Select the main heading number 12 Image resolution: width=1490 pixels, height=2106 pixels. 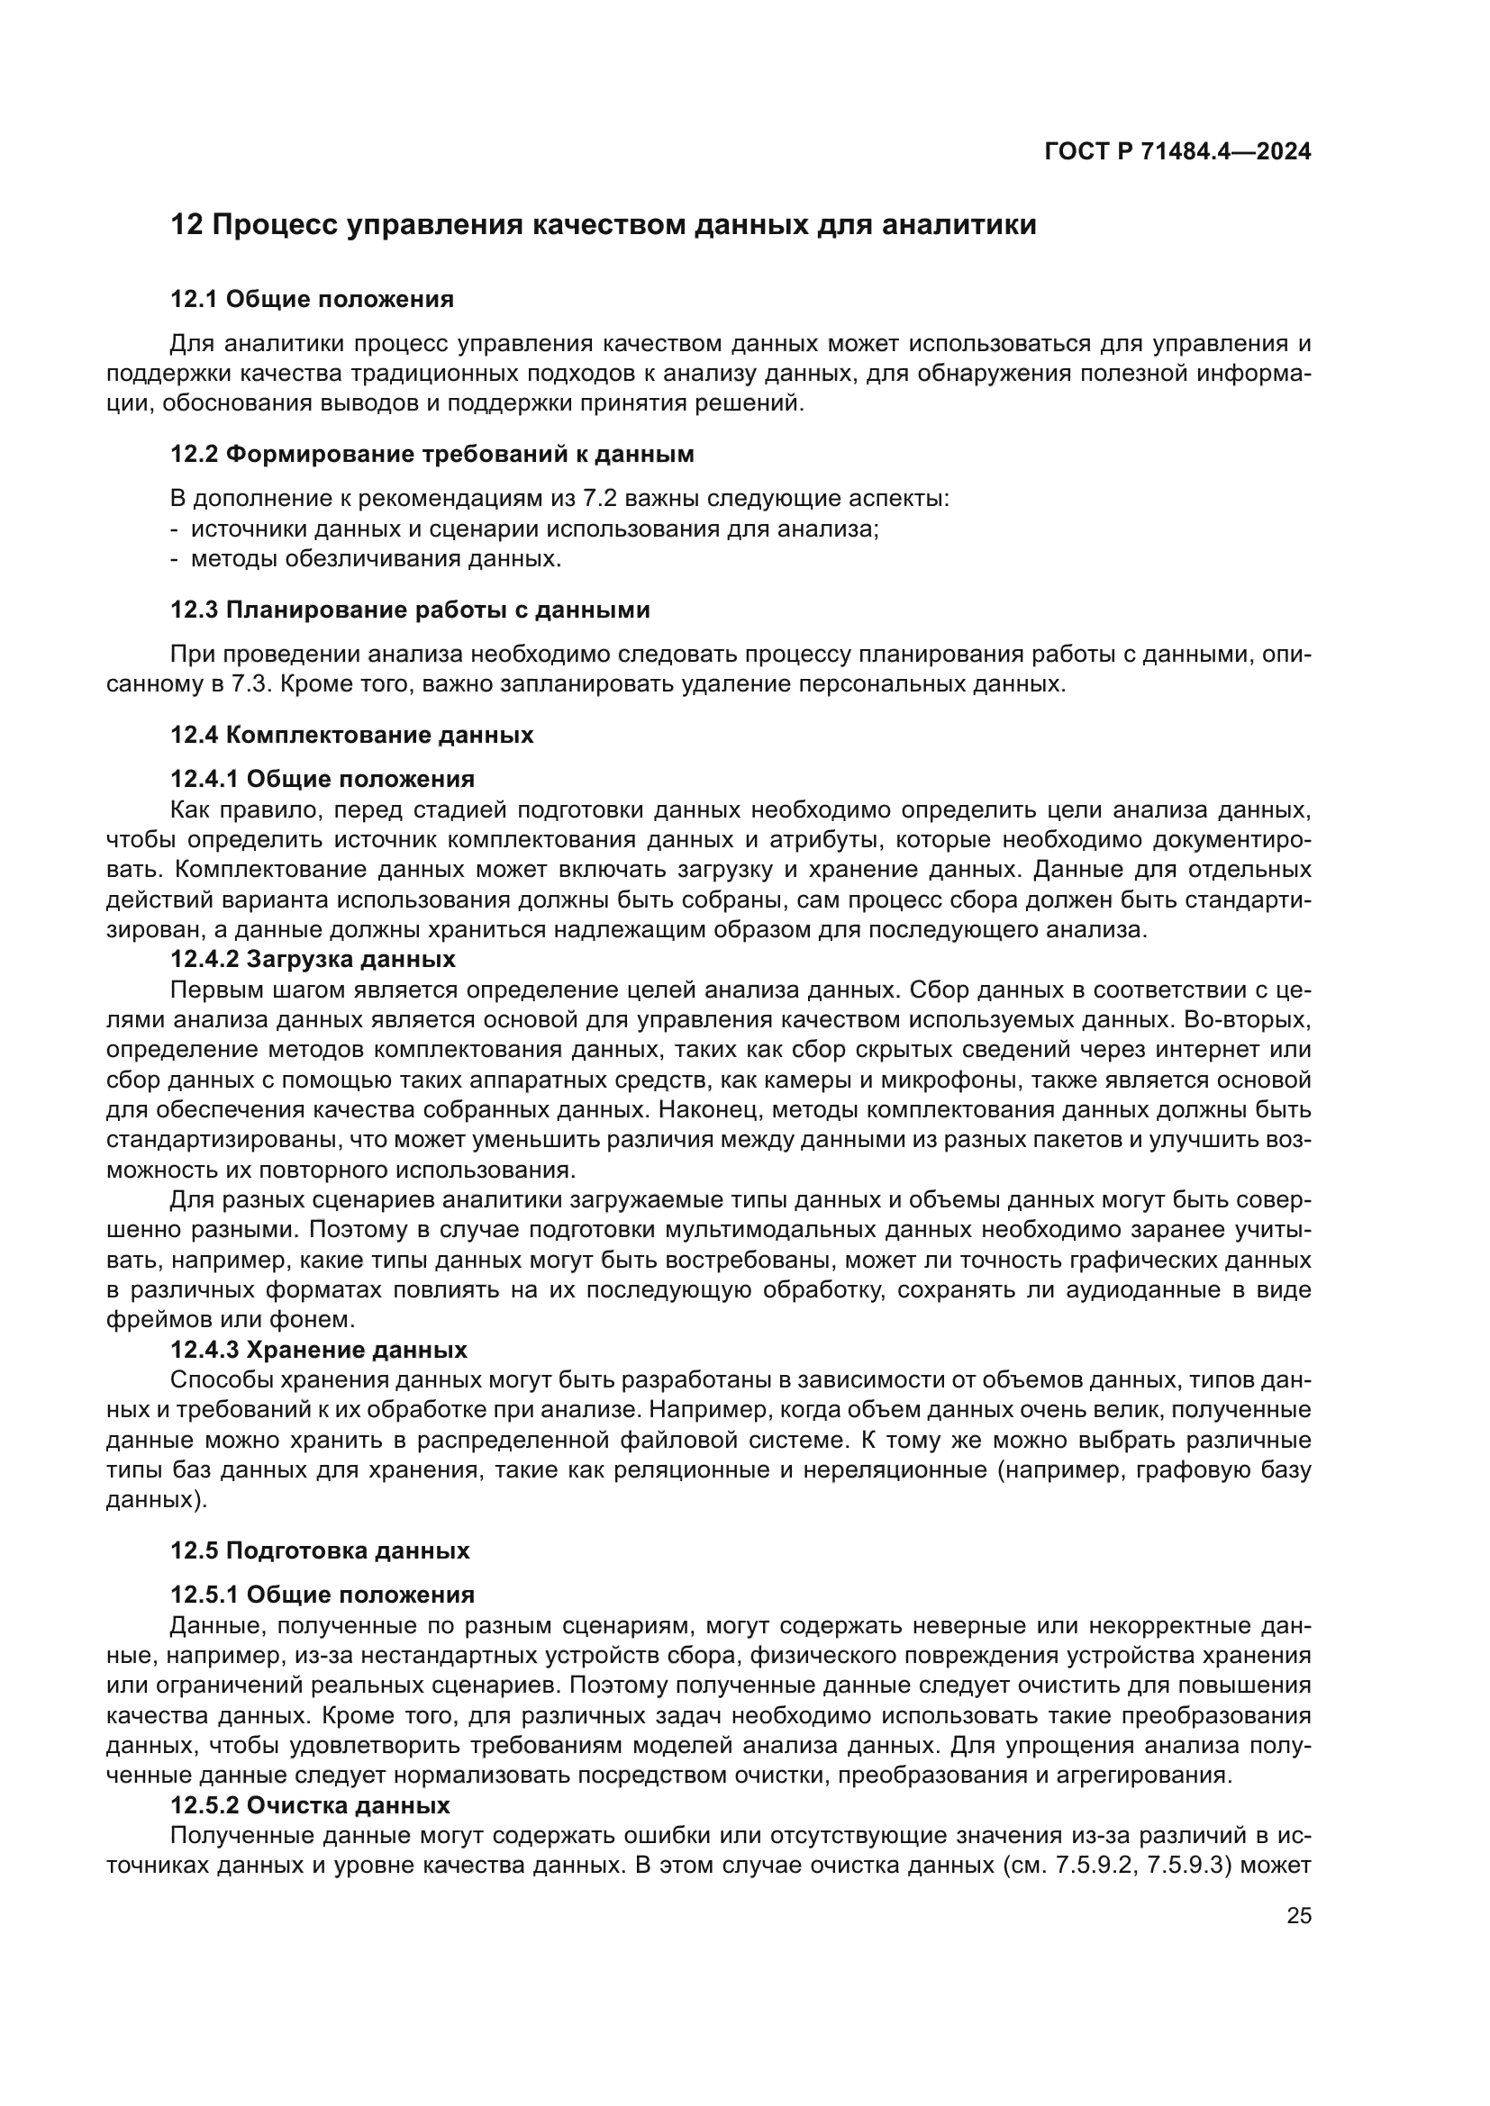point(186,225)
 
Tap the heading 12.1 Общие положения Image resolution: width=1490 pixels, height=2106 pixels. point(312,299)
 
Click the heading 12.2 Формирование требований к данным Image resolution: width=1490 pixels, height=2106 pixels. point(432,454)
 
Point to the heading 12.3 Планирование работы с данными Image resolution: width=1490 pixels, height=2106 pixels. point(410,610)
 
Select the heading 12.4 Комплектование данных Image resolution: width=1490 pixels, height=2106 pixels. point(351,735)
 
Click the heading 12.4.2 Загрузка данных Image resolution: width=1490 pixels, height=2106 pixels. point(313,960)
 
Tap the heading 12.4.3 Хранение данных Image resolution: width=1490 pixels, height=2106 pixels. point(318,1351)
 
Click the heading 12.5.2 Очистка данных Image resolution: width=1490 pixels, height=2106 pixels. point(310,1806)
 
